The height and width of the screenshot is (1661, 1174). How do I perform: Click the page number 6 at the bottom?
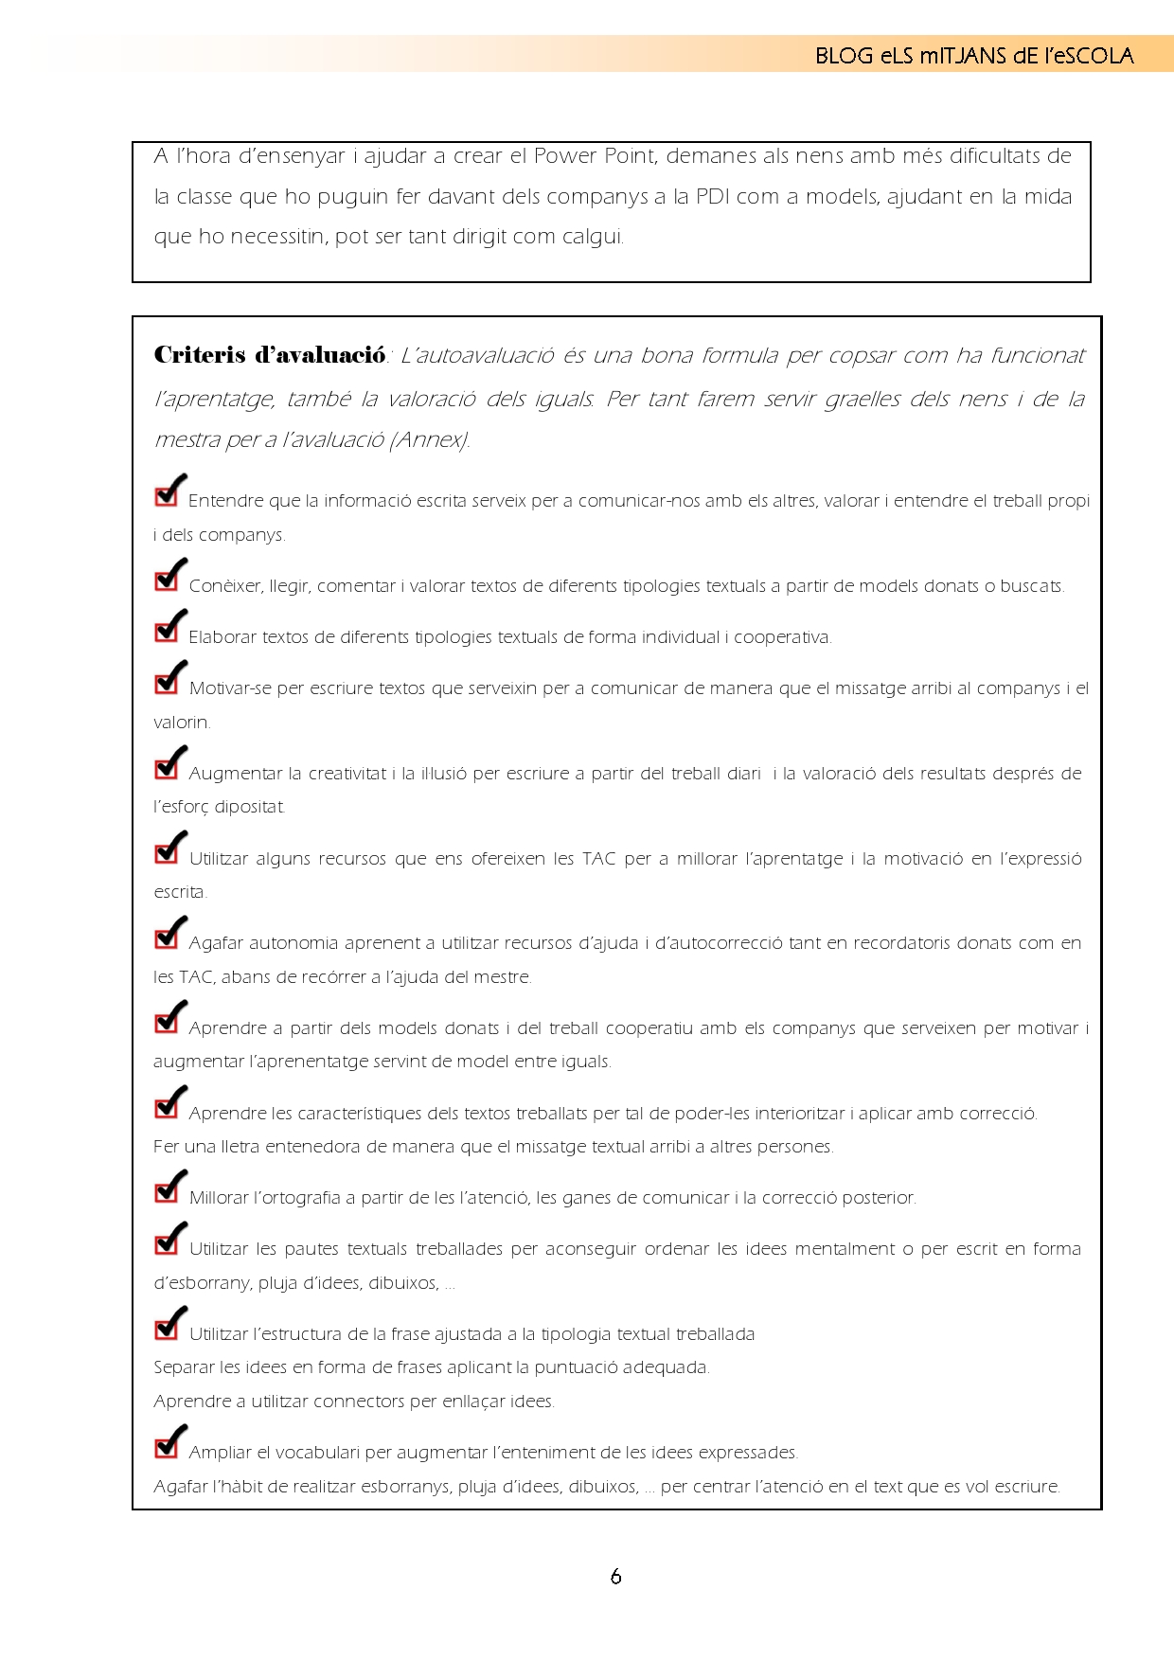click(615, 1576)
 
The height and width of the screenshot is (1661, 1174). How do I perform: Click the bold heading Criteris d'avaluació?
click(269, 355)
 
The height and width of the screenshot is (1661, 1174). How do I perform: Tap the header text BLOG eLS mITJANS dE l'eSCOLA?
click(974, 56)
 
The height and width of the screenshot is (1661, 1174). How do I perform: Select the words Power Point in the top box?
click(586, 156)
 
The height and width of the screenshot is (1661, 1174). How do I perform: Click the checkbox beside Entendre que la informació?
click(167, 494)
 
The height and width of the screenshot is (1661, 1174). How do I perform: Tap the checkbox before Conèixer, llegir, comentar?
click(167, 580)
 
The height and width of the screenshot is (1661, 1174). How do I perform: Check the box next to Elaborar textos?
click(167, 631)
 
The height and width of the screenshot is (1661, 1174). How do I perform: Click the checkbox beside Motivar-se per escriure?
click(167, 682)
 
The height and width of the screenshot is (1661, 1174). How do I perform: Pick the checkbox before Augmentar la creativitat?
click(167, 767)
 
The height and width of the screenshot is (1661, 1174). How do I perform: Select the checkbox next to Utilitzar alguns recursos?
click(167, 852)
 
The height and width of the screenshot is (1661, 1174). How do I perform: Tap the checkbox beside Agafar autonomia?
click(167, 937)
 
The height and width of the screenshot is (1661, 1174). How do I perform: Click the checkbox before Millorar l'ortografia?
click(167, 1191)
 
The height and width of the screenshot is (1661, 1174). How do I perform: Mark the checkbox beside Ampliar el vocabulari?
click(167, 1446)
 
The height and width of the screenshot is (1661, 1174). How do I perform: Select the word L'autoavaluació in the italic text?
click(476, 356)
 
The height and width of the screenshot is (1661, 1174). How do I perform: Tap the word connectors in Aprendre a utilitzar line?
click(319, 1402)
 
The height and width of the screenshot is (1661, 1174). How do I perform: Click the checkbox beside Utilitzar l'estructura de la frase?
click(167, 1328)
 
